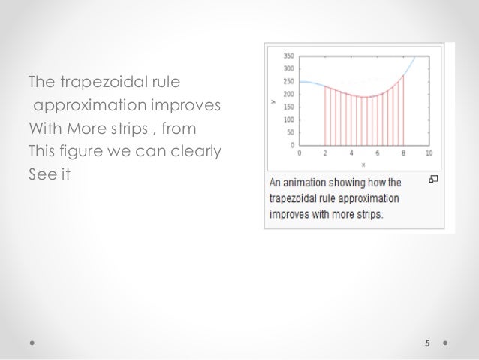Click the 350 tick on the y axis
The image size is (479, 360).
[x=288, y=56]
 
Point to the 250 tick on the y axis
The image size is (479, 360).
[x=288, y=81]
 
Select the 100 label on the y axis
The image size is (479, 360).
[x=288, y=119]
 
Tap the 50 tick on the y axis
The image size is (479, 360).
[x=290, y=132]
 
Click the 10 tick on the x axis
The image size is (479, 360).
[x=429, y=153]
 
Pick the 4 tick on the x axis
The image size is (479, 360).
[x=351, y=153]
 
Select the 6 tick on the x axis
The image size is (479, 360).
[x=377, y=153]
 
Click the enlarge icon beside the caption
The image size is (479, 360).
[x=433, y=179]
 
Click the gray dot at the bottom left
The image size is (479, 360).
[x=32, y=343]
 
